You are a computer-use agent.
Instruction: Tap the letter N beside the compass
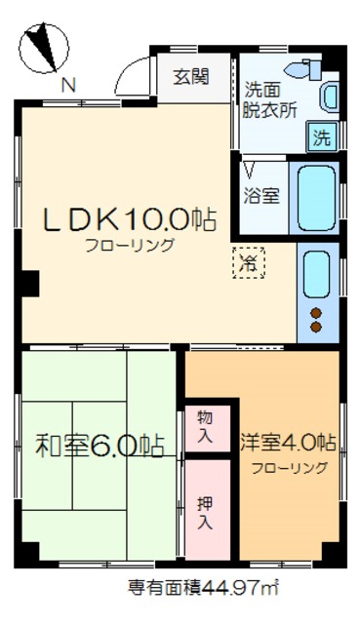pos(67,86)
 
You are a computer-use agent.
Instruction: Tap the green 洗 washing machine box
pos(321,137)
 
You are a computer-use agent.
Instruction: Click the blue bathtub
pos(317,198)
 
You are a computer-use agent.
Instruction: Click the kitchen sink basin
pos(317,275)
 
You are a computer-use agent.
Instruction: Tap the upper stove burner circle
pos(317,313)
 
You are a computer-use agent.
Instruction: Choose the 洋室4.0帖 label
pos(288,443)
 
